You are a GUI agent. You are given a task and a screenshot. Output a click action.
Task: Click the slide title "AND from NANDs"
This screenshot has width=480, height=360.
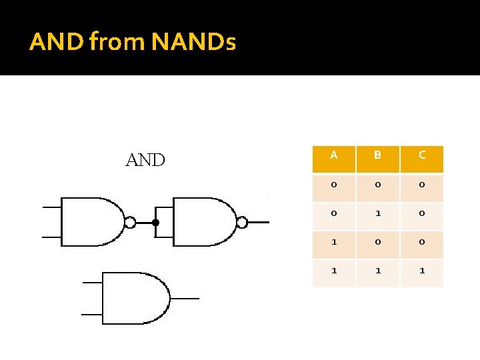132,43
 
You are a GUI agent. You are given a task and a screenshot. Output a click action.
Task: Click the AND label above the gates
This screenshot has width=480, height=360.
145,160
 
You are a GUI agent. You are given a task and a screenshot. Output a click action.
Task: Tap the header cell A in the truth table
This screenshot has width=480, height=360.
333,155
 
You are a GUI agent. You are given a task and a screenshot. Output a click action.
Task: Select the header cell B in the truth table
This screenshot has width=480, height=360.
377,155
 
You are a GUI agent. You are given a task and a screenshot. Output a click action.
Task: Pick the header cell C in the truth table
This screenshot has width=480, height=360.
421,155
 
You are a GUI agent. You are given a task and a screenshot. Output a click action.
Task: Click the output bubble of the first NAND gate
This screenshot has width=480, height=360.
131,222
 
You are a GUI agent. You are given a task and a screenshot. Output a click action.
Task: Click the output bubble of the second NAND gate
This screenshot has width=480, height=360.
243,222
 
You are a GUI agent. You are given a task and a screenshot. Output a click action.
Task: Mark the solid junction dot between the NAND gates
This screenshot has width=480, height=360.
155,222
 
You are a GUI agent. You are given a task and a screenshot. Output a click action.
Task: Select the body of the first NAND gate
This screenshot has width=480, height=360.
90,221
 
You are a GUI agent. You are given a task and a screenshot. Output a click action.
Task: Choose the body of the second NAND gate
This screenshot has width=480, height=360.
202,221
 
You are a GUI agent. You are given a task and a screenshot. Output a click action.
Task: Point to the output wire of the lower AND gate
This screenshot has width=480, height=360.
185,298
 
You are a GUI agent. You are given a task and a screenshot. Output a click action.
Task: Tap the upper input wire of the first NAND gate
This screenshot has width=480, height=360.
51,207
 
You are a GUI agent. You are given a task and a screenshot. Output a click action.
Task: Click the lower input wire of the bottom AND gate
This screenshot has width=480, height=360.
92,313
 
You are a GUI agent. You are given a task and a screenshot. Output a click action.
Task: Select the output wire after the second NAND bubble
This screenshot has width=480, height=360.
259,222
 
